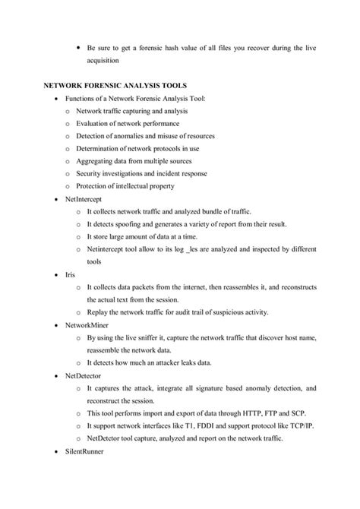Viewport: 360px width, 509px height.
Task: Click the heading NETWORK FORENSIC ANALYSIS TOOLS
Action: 116,86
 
